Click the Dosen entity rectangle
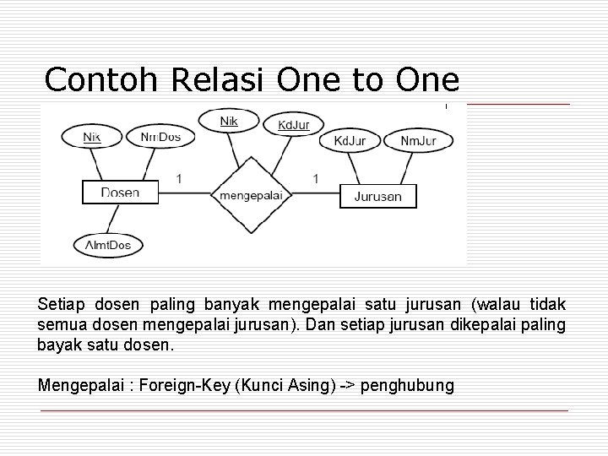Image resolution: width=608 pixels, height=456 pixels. [120, 193]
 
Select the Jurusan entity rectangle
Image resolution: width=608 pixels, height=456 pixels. [377, 197]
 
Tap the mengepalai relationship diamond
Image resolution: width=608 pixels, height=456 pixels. [250, 196]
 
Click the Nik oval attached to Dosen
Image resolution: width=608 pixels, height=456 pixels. [92, 137]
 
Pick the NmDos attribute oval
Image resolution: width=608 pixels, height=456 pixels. [160, 137]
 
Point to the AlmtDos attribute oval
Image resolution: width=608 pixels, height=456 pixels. [108, 245]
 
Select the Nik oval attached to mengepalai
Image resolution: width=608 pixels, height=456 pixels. [229, 122]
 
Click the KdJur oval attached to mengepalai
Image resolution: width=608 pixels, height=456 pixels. [293, 126]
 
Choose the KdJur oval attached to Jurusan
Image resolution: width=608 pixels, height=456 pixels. [350, 140]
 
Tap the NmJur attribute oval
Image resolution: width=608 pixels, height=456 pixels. [418, 140]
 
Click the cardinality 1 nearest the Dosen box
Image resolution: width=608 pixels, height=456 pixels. [178, 178]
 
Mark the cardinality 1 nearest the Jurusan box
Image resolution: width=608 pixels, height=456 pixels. [315, 178]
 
